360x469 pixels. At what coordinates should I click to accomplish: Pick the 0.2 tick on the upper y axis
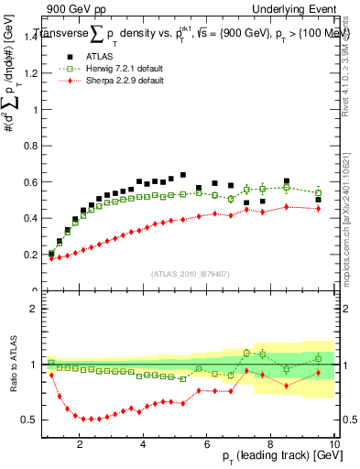pos(33,255)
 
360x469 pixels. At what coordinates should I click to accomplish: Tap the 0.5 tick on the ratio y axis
pos(33,420)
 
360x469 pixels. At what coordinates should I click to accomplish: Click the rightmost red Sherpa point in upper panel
pos(318,208)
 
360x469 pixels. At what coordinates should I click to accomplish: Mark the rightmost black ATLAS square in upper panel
pos(318,200)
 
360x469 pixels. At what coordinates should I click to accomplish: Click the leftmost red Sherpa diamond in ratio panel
pos(52,375)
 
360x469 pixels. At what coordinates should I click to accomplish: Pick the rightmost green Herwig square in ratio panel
pos(318,358)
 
